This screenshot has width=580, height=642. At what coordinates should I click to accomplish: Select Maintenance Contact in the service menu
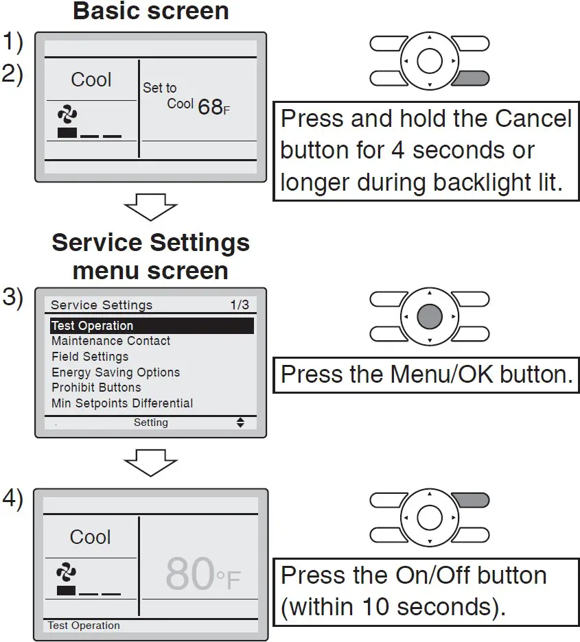click(x=111, y=341)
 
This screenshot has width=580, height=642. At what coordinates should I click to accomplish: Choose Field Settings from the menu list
click(x=90, y=357)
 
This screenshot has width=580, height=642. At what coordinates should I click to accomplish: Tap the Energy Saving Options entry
click(x=115, y=372)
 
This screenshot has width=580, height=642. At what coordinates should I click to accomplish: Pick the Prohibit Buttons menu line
click(x=96, y=388)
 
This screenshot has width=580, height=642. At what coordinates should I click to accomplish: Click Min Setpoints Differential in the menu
click(x=122, y=403)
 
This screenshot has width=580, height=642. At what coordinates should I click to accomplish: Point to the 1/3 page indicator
click(x=240, y=305)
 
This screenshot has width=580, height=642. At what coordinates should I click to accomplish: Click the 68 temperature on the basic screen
click(x=210, y=107)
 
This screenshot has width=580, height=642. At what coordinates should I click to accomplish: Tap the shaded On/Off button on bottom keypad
click(x=471, y=500)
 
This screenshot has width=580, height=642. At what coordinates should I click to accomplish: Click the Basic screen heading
click(x=150, y=12)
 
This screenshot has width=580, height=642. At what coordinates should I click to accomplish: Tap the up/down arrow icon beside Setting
click(x=240, y=423)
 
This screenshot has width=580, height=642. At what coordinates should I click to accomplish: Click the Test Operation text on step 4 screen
click(x=84, y=626)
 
